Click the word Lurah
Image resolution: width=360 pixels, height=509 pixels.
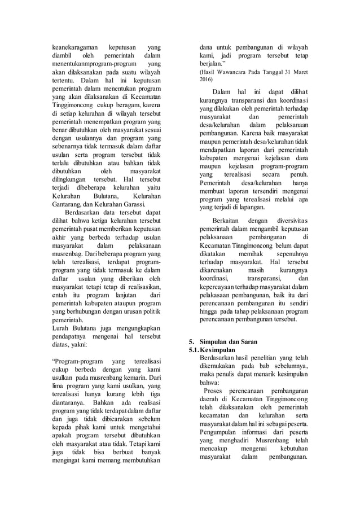pos(60,330)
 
